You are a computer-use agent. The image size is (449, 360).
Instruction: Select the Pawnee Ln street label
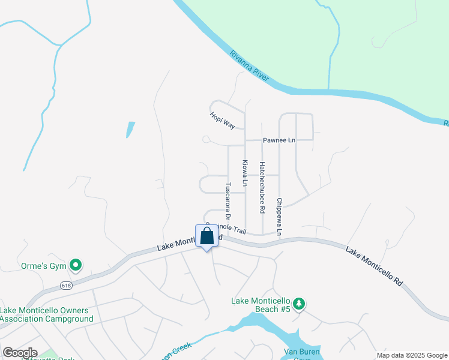point(279,140)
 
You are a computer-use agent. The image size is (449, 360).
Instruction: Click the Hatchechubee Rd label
point(262,187)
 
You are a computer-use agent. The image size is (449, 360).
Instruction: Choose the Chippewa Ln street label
point(279,217)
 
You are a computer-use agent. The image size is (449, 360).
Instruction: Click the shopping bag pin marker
point(206,236)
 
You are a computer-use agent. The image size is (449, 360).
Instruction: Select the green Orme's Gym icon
point(76,264)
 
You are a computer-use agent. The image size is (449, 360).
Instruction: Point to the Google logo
point(20,353)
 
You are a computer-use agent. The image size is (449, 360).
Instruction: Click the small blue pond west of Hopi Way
point(130,130)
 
